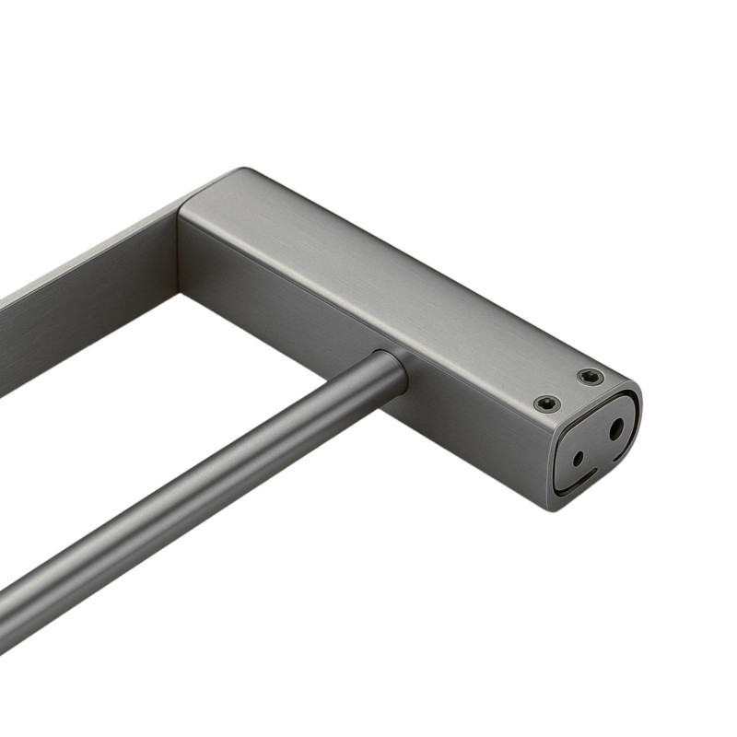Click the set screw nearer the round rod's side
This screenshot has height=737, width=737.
click(547, 404)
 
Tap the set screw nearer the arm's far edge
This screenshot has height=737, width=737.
click(590, 377)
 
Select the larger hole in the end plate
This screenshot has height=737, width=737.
click(615, 428)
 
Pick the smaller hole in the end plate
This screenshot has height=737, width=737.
click(578, 458)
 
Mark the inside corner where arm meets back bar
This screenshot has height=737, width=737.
click(179, 293)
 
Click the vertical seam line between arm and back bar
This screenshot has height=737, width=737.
click(179, 249)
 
